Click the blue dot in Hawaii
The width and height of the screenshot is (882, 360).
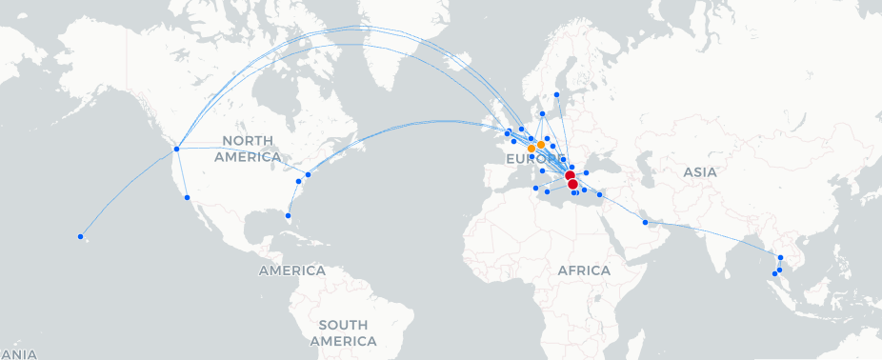81,236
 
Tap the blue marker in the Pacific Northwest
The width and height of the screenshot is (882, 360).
176,149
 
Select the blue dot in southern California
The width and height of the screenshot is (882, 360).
187,197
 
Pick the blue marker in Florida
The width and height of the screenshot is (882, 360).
288,216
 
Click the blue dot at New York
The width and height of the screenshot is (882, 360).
309,174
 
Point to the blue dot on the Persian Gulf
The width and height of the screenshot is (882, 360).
646,222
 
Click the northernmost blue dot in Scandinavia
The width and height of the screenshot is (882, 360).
556,94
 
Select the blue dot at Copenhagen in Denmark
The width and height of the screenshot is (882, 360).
542,114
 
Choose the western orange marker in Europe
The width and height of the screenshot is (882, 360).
531,149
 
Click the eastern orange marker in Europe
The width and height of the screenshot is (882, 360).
541,144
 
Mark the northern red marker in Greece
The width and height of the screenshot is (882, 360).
569,176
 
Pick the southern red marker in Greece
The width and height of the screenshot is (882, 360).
572,185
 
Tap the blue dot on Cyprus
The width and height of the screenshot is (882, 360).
599,194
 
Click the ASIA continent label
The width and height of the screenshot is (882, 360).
699,172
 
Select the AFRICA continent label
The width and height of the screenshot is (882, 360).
584,270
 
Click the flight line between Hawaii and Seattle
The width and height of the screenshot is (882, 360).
129,193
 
